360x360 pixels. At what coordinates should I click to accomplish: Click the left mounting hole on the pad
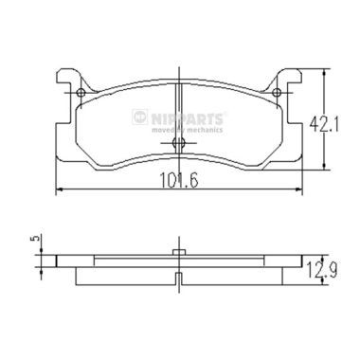pos(82,92)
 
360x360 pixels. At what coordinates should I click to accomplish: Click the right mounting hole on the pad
pos(279,92)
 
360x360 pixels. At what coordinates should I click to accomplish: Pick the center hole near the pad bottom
pos(180,144)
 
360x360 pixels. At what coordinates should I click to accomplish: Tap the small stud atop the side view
pos(180,250)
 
